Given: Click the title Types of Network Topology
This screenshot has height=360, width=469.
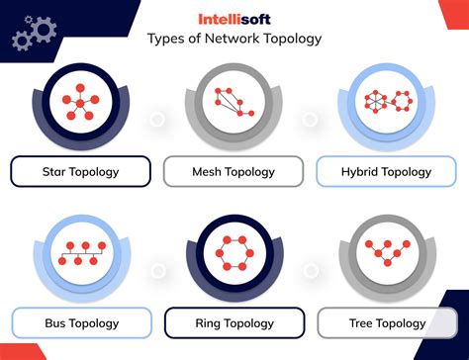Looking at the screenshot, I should click(234, 40).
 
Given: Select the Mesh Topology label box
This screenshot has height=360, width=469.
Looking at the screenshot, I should click(234, 171).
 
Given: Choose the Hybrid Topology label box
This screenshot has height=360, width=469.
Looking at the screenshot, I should click(387, 171).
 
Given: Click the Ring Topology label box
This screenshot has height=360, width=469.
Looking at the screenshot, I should click(234, 322).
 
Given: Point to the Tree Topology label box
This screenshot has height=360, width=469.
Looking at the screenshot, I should click(387, 322).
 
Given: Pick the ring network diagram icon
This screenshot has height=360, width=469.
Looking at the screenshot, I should click(234, 253).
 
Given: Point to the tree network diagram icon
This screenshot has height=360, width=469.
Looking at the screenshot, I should click(387, 253).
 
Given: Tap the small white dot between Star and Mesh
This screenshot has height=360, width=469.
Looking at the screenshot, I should click(156, 119).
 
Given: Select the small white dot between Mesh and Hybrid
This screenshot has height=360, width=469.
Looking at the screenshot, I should click(310, 119).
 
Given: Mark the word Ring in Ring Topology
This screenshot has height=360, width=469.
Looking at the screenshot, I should click(210, 322).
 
